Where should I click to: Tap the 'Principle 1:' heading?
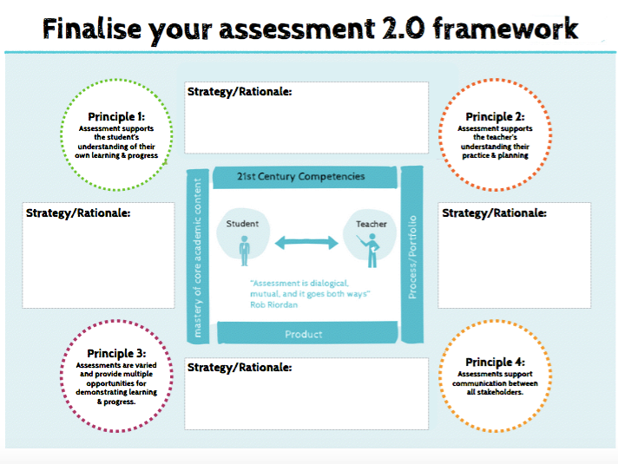click(116, 117)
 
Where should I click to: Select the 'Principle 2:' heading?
click(494, 117)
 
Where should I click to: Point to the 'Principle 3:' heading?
click(116, 354)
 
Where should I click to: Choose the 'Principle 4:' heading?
click(495, 363)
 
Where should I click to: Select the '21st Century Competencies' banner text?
click(301, 177)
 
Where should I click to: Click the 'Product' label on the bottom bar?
click(304, 334)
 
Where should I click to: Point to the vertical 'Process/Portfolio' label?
click(413, 257)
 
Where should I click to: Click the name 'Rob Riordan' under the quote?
click(275, 304)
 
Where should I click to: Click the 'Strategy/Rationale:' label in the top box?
click(240, 92)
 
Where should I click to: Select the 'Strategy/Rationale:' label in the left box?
click(78, 212)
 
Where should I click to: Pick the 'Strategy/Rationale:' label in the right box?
click(494, 212)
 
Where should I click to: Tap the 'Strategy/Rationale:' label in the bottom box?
click(240, 367)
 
